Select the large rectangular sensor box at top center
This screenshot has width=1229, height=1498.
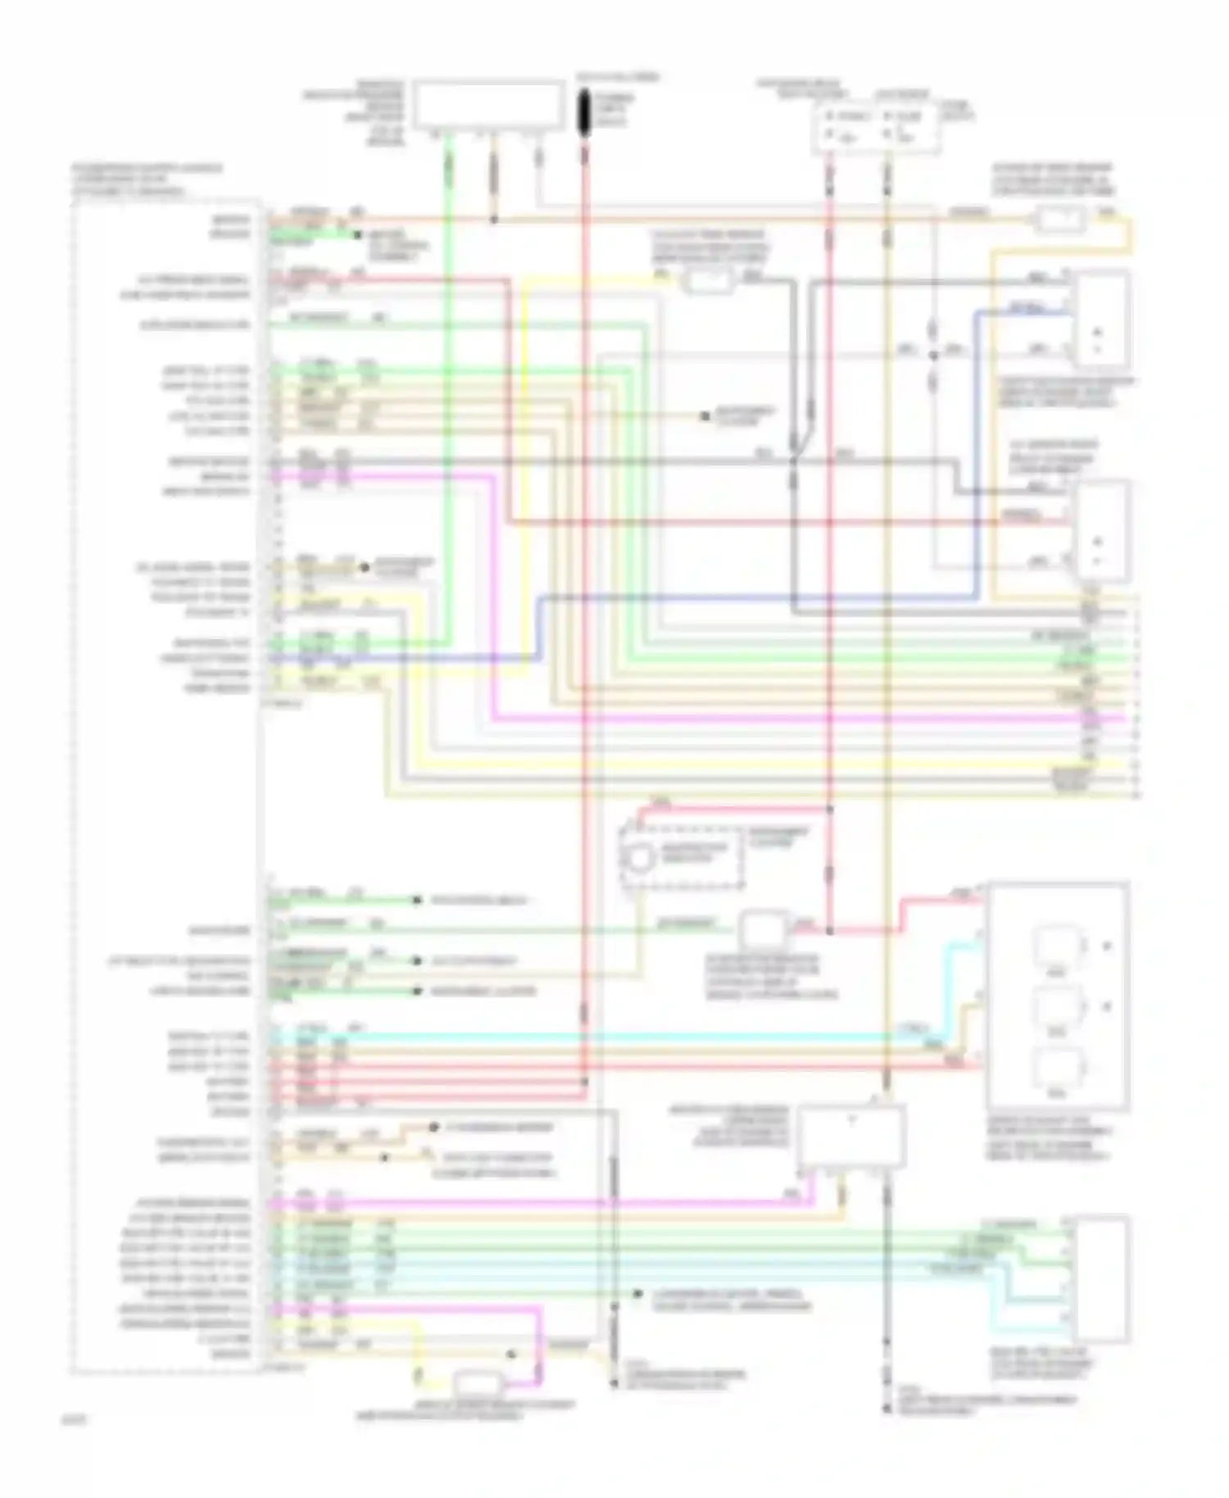point(489,105)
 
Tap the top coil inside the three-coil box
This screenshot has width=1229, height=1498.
point(1056,946)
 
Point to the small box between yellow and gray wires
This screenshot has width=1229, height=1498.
point(708,282)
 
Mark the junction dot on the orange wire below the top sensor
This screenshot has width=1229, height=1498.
point(493,220)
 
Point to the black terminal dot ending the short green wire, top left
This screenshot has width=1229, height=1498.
point(358,235)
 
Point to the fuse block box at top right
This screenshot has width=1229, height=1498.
point(875,127)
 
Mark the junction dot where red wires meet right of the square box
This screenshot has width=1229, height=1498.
point(829,931)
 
